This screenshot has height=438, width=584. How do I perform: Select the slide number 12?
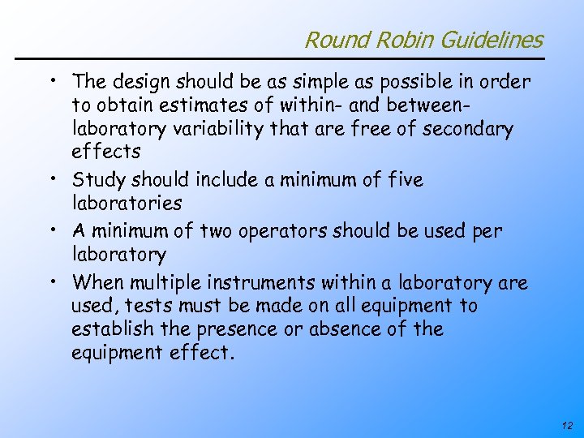click(x=565, y=425)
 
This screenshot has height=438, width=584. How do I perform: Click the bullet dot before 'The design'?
click(x=51, y=80)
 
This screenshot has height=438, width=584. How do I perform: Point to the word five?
click(x=405, y=179)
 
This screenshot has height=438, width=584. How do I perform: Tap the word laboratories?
click(x=127, y=203)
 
